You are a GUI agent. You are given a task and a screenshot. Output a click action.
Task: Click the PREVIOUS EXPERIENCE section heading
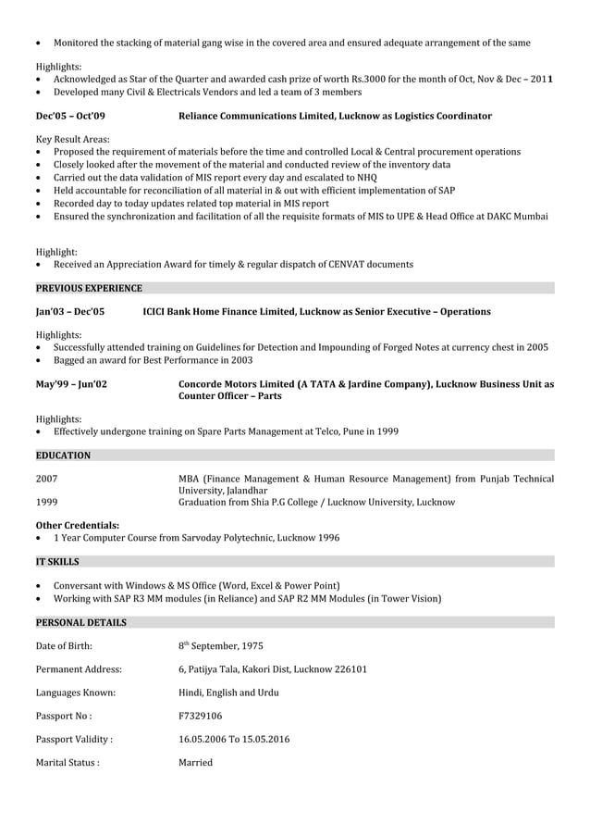pos(89,288)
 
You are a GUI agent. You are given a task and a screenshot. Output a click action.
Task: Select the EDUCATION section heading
pos(63,455)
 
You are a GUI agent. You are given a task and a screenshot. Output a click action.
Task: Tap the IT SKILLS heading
pos(57,561)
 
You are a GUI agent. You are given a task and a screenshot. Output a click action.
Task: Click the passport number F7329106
pos(200,716)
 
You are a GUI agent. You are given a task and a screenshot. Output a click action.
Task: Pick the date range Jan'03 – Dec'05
pos(70,312)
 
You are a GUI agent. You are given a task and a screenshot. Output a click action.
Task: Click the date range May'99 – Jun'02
pos(71,383)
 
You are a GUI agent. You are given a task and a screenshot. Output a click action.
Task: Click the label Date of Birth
pos(64,646)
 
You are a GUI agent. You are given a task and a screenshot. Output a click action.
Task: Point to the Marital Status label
pos(68,763)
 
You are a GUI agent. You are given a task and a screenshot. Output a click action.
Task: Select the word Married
pos(195,763)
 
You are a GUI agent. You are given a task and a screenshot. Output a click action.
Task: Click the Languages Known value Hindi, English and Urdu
pos(228,693)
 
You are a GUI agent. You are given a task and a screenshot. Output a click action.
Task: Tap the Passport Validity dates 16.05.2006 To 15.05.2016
pos(236,739)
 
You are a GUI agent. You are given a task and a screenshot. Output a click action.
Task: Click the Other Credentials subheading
pos(77,525)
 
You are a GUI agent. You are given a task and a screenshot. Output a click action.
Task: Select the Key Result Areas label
pos(72,139)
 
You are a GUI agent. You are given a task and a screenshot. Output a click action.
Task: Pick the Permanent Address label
pos(79,669)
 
